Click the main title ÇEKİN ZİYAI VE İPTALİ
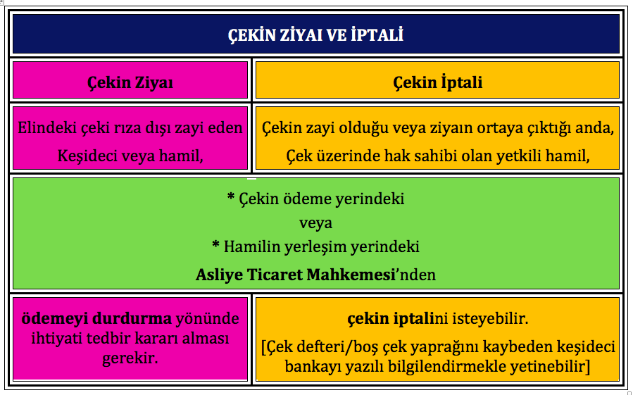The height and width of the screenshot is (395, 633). coord(315,35)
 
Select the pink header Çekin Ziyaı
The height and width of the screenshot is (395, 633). coord(130,83)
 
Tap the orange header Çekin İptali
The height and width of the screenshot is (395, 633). coord(438,82)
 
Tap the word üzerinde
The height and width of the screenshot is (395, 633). coord(348,156)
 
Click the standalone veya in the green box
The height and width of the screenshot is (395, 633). coord(315,223)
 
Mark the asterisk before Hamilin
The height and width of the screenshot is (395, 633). coord(215,244)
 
